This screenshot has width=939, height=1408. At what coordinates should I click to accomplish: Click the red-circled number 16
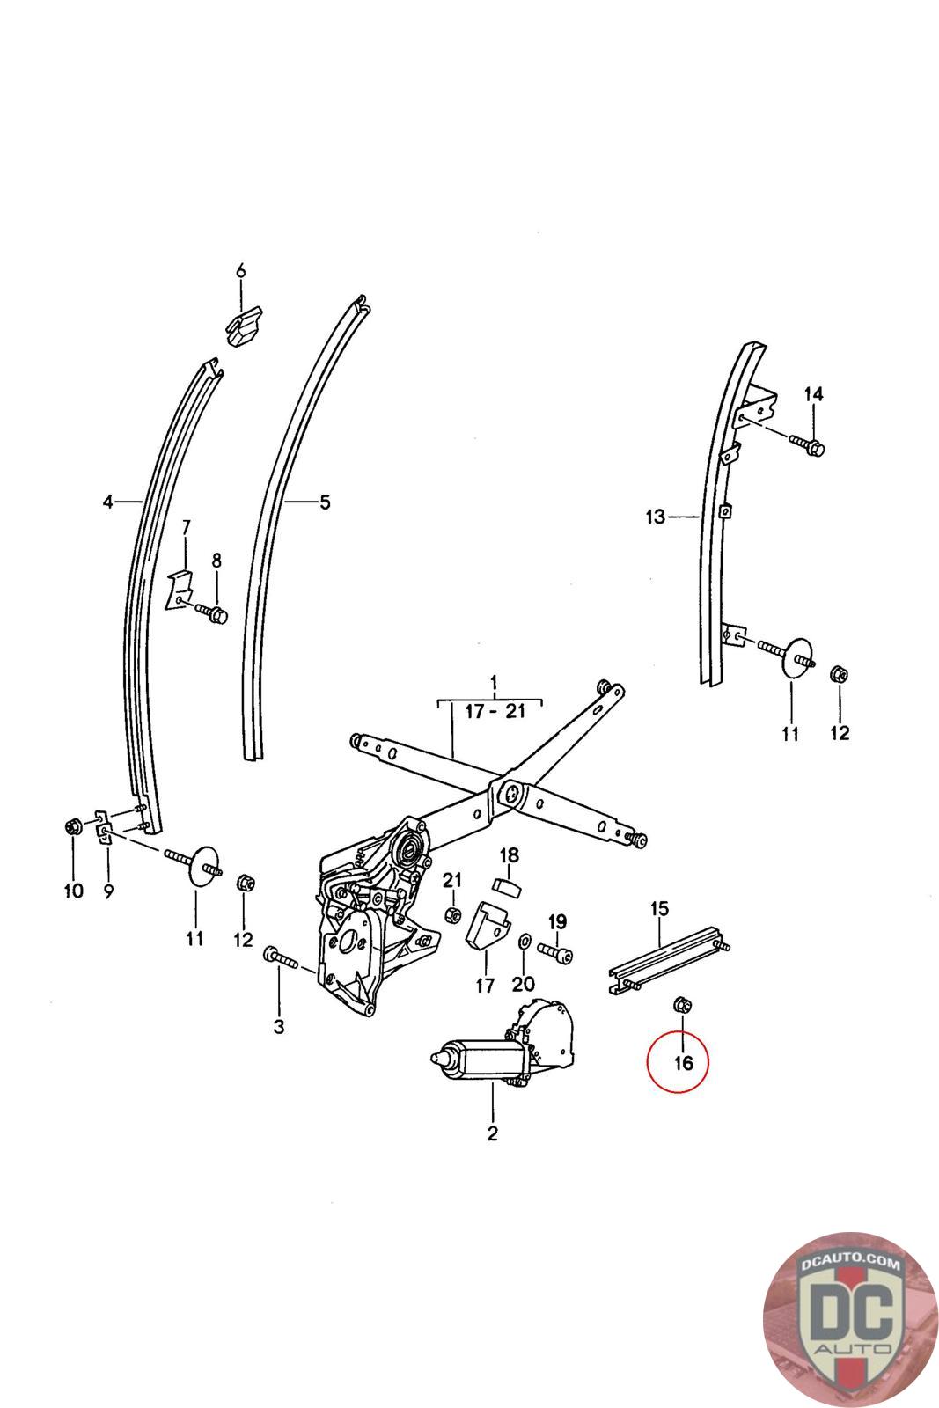683,1063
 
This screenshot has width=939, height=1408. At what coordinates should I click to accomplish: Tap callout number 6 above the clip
240,271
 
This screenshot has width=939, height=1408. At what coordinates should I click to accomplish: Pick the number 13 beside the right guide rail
655,517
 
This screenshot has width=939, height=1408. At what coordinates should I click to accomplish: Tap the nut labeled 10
73,826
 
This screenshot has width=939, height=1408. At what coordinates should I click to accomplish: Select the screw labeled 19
556,953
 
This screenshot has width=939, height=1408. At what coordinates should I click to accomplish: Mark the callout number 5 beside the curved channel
325,503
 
